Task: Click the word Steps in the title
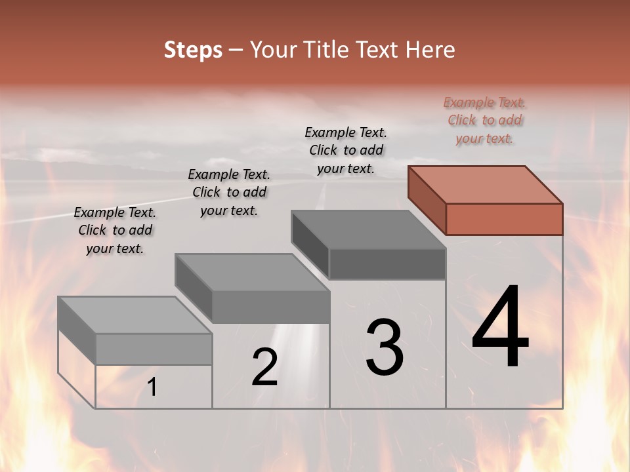click(x=193, y=50)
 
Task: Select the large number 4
click(x=500, y=328)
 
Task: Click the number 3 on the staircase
click(x=385, y=347)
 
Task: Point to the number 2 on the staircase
click(x=264, y=367)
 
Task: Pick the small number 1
click(x=152, y=387)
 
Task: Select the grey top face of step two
click(x=252, y=273)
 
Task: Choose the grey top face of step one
click(x=135, y=315)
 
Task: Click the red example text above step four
click(x=485, y=121)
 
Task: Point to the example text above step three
click(x=346, y=150)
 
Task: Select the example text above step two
click(x=229, y=192)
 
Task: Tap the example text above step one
click(x=115, y=230)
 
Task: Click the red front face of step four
click(x=504, y=219)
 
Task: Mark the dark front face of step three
click(x=387, y=264)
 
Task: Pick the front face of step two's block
click(x=270, y=307)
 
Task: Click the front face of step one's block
click(x=154, y=349)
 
